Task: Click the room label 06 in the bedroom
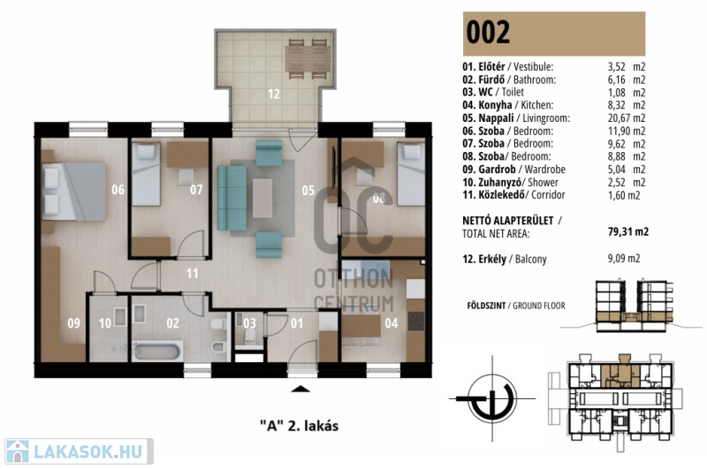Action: [118, 190]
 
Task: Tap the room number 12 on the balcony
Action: [274, 94]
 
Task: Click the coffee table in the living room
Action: [262, 198]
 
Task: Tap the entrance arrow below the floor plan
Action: [300, 390]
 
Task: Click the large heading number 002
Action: [488, 32]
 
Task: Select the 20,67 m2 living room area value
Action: [627, 118]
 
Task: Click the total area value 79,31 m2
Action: [628, 231]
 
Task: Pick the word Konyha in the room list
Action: [495, 105]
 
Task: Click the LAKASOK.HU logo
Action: [79, 451]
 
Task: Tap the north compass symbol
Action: [492, 398]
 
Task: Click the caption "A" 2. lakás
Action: [299, 426]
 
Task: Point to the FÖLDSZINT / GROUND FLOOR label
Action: [516, 306]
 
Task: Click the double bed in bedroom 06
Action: [74, 192]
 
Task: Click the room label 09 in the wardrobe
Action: [74, 323]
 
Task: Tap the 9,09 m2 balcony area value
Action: [624, 259]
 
